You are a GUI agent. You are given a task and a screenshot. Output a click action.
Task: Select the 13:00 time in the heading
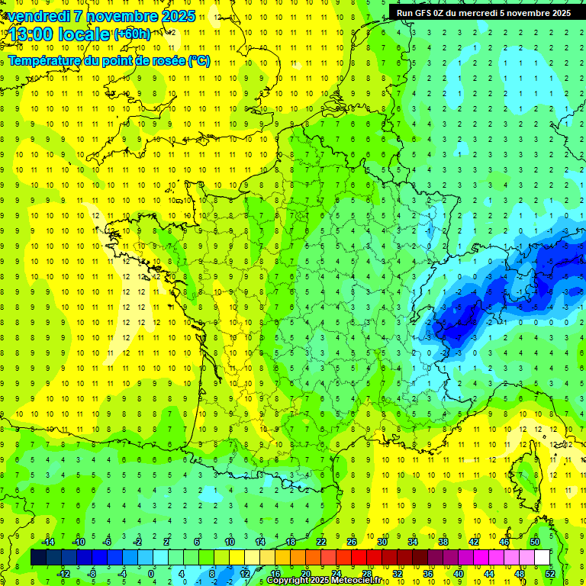click(x=34, y=34)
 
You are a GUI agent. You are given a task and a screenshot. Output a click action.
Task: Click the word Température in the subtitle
click(x=44, y=61)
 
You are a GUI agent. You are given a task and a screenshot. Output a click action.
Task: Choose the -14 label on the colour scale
click(x=47, y=542)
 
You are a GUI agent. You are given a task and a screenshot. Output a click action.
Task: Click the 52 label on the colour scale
click(x=550, y=574)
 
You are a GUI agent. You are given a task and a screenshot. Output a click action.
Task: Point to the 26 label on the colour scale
click(x=352, y=542)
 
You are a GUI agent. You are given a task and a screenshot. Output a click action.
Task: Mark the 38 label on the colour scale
click(x=443, y=542)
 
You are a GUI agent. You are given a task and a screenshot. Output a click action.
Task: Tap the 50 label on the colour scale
click(x=535, y=542)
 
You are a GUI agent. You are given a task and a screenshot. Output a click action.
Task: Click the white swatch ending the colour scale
click(x=543, y=558)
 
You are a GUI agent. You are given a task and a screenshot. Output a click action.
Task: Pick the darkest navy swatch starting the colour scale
click(x=39, y=558)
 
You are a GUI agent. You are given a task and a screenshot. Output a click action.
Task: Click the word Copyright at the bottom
click(x=288, y=581)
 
